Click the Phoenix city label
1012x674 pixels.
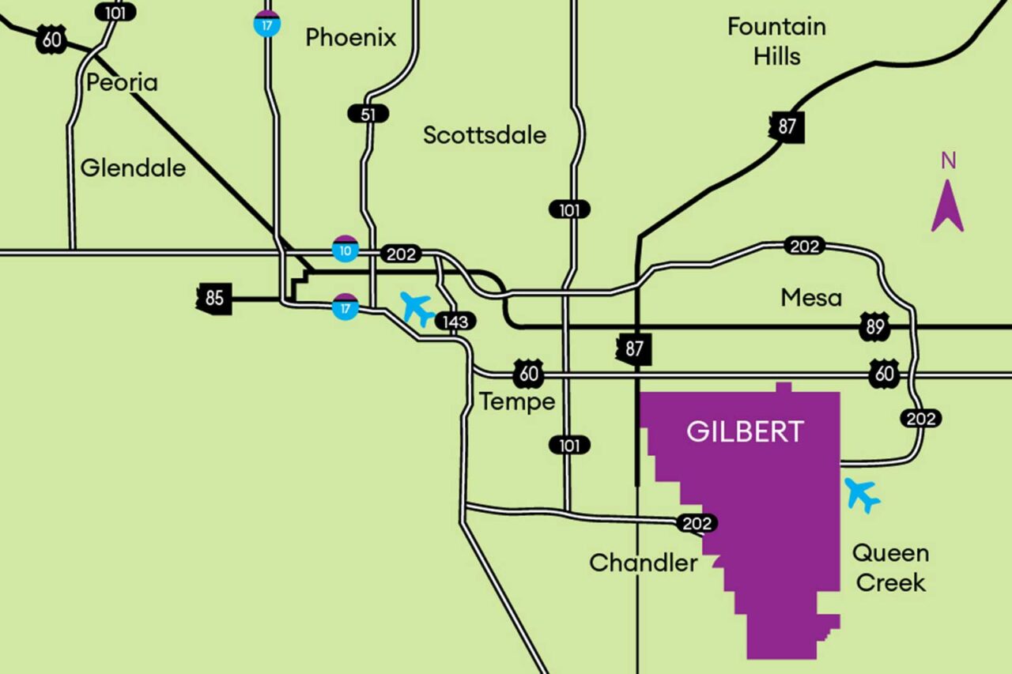click(x=350, y=37)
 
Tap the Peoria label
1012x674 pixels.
click(x=122, y=82)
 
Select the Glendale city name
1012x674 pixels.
click(x=133, y=168)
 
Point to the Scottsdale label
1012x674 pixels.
click(x=484, y=135)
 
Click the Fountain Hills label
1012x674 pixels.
click(x=776, y=41)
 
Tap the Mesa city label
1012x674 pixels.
click(x=811, y=298)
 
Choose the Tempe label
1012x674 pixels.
click(x=517, y=401)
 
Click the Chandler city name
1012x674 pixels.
click(x=643, y=563)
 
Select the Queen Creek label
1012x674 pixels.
click(x=890, y=567)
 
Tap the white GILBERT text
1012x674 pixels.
click(x=745, y=431)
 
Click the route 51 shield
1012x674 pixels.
click(x=368, y=114)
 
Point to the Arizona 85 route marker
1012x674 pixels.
click(x=214, y=299)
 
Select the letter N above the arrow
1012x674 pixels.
click(x=948, y=161)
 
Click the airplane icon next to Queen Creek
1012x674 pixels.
click(x=862, y=495)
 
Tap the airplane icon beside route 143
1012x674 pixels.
click(x=417, y=308)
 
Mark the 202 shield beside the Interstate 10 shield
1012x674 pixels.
click(x=401, y=254)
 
